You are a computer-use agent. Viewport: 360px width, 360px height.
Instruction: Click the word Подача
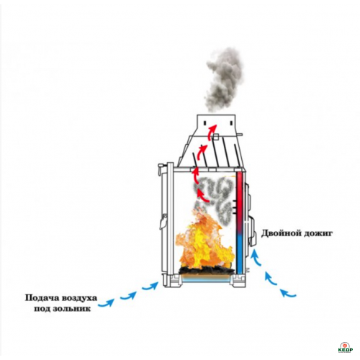tap(42, 298)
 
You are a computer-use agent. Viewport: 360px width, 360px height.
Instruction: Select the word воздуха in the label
tap(79, 299)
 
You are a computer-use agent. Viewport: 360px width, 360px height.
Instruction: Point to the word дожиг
tap(318, 234)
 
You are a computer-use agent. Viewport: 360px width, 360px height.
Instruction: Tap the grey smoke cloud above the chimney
tap(223, 79)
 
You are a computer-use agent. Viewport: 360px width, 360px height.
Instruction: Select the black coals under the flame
tap(207, 271)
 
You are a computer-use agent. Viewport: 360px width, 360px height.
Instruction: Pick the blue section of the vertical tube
tap(240, 253)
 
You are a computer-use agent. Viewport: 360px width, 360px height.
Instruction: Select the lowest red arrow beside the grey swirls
tap(202, 196)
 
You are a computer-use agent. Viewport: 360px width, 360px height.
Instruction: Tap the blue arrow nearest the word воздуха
tap(106, 303)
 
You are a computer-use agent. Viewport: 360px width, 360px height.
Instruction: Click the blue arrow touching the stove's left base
tap(150, 286)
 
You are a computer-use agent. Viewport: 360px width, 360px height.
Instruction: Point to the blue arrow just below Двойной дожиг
tap(256, 257)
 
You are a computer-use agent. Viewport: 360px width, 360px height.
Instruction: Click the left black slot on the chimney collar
tap(205, 122)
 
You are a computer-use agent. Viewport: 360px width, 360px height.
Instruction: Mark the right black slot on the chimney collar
tap(231, 123)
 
